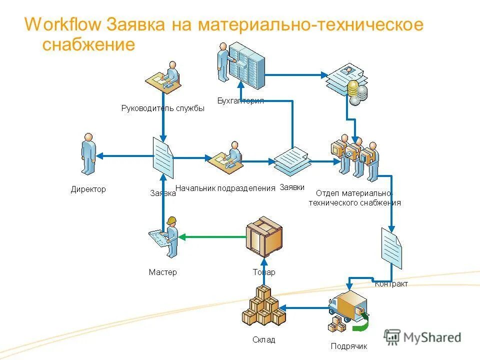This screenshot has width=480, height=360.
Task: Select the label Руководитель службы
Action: click(x=163, y=108)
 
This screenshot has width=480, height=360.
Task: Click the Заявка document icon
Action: click(x=163, y=158)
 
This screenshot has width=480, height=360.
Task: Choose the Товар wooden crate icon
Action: click(x=263, y=236)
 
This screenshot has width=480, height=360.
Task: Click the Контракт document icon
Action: click(x=391, y=248)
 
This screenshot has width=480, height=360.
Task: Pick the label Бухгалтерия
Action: click(x=240, y=100)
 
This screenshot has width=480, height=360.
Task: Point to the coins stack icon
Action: click(x=356, y=92)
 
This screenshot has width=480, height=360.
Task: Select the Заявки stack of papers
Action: click(x=292, y=160)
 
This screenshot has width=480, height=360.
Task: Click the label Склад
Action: click(x=263, y=340)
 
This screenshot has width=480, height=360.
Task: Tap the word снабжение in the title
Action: click(x=88, y=45)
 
